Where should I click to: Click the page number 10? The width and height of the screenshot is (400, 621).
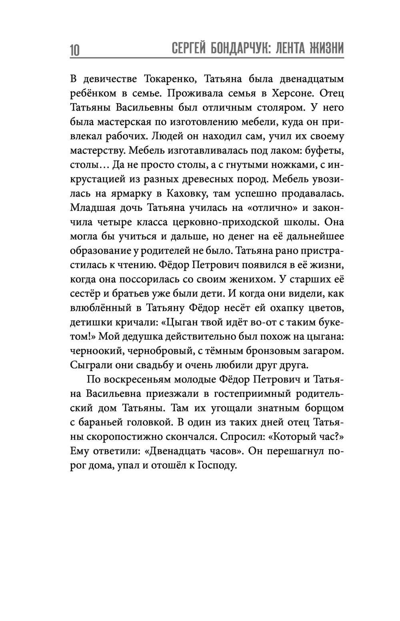75,50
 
